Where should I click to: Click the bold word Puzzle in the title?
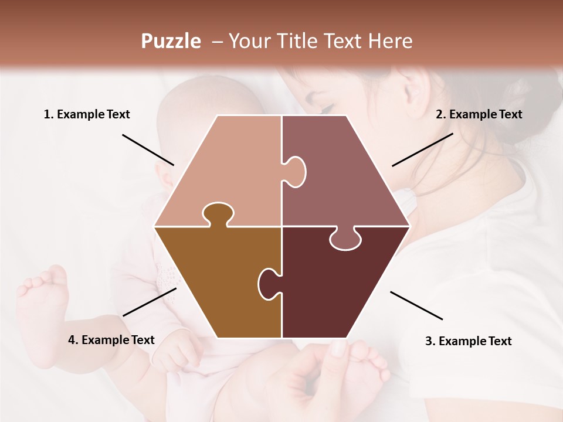pyautogui.click(x=171, y=41)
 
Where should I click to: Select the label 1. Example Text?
pyautogui.click(x=87, y=114)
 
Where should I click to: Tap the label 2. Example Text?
pyautogui.click(x=479, y=114)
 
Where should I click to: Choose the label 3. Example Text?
pyautogui.click(x=468, y=341)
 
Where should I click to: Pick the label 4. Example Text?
pyautogui.click(x=111, y=340)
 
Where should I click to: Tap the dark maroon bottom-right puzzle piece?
pyautogui.click(x=334, y=287)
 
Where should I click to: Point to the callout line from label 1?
pyautogui.click(x=148, y=149)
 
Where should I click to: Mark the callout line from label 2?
pyautogui.click(x=422, y=149)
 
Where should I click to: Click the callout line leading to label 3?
pyautogui.click(x=416, y=305)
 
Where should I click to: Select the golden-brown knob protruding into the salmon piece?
pyautogui.click(x=217, y=214)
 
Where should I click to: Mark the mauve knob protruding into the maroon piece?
pyautogui.click(x=345, y=239)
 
